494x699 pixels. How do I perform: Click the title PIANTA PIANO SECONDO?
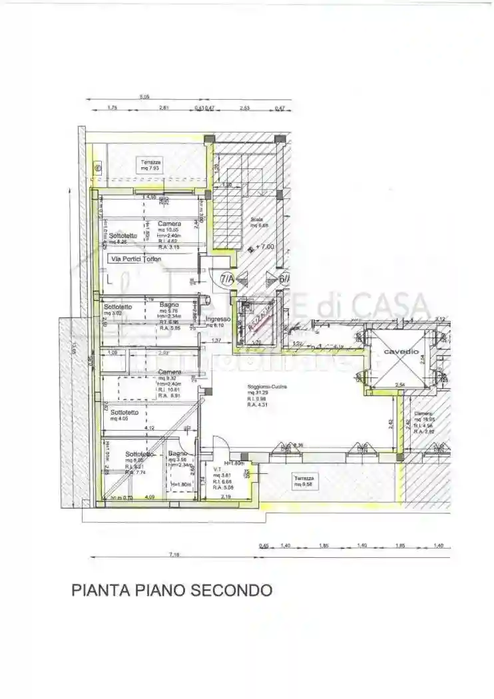[172, 590]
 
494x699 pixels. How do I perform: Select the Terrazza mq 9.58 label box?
[308, 481]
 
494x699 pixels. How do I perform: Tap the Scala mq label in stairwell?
[258, 222]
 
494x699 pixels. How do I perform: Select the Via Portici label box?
[136, 259]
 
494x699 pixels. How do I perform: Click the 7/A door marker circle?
[226, 278]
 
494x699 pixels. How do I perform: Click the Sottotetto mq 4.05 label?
[124, 415]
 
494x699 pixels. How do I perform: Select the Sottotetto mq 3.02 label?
[117, 310]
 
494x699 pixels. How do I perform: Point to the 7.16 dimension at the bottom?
[174, 554]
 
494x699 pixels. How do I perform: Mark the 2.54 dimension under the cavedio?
[401, 385]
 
